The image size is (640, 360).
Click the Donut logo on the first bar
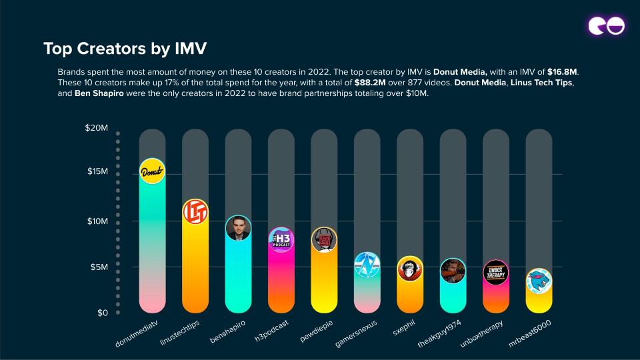click(x=152, y=171)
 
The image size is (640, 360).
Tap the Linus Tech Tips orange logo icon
click(x=195, y=212)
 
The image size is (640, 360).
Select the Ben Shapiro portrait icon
click(x=238, y=229)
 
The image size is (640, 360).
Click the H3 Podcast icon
click(x=281, y=239)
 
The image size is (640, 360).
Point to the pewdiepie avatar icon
click(x=324, y=240)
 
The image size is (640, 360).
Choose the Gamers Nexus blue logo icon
click(x=367, y=265)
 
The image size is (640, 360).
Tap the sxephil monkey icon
click(x=410, y=269)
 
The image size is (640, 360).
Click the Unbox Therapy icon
click(x=496, y=273)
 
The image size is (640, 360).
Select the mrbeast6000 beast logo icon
click(x=539, y=281)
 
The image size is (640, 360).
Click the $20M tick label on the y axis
click(x=97, y=127)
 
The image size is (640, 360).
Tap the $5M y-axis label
click(x=99, y=267)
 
